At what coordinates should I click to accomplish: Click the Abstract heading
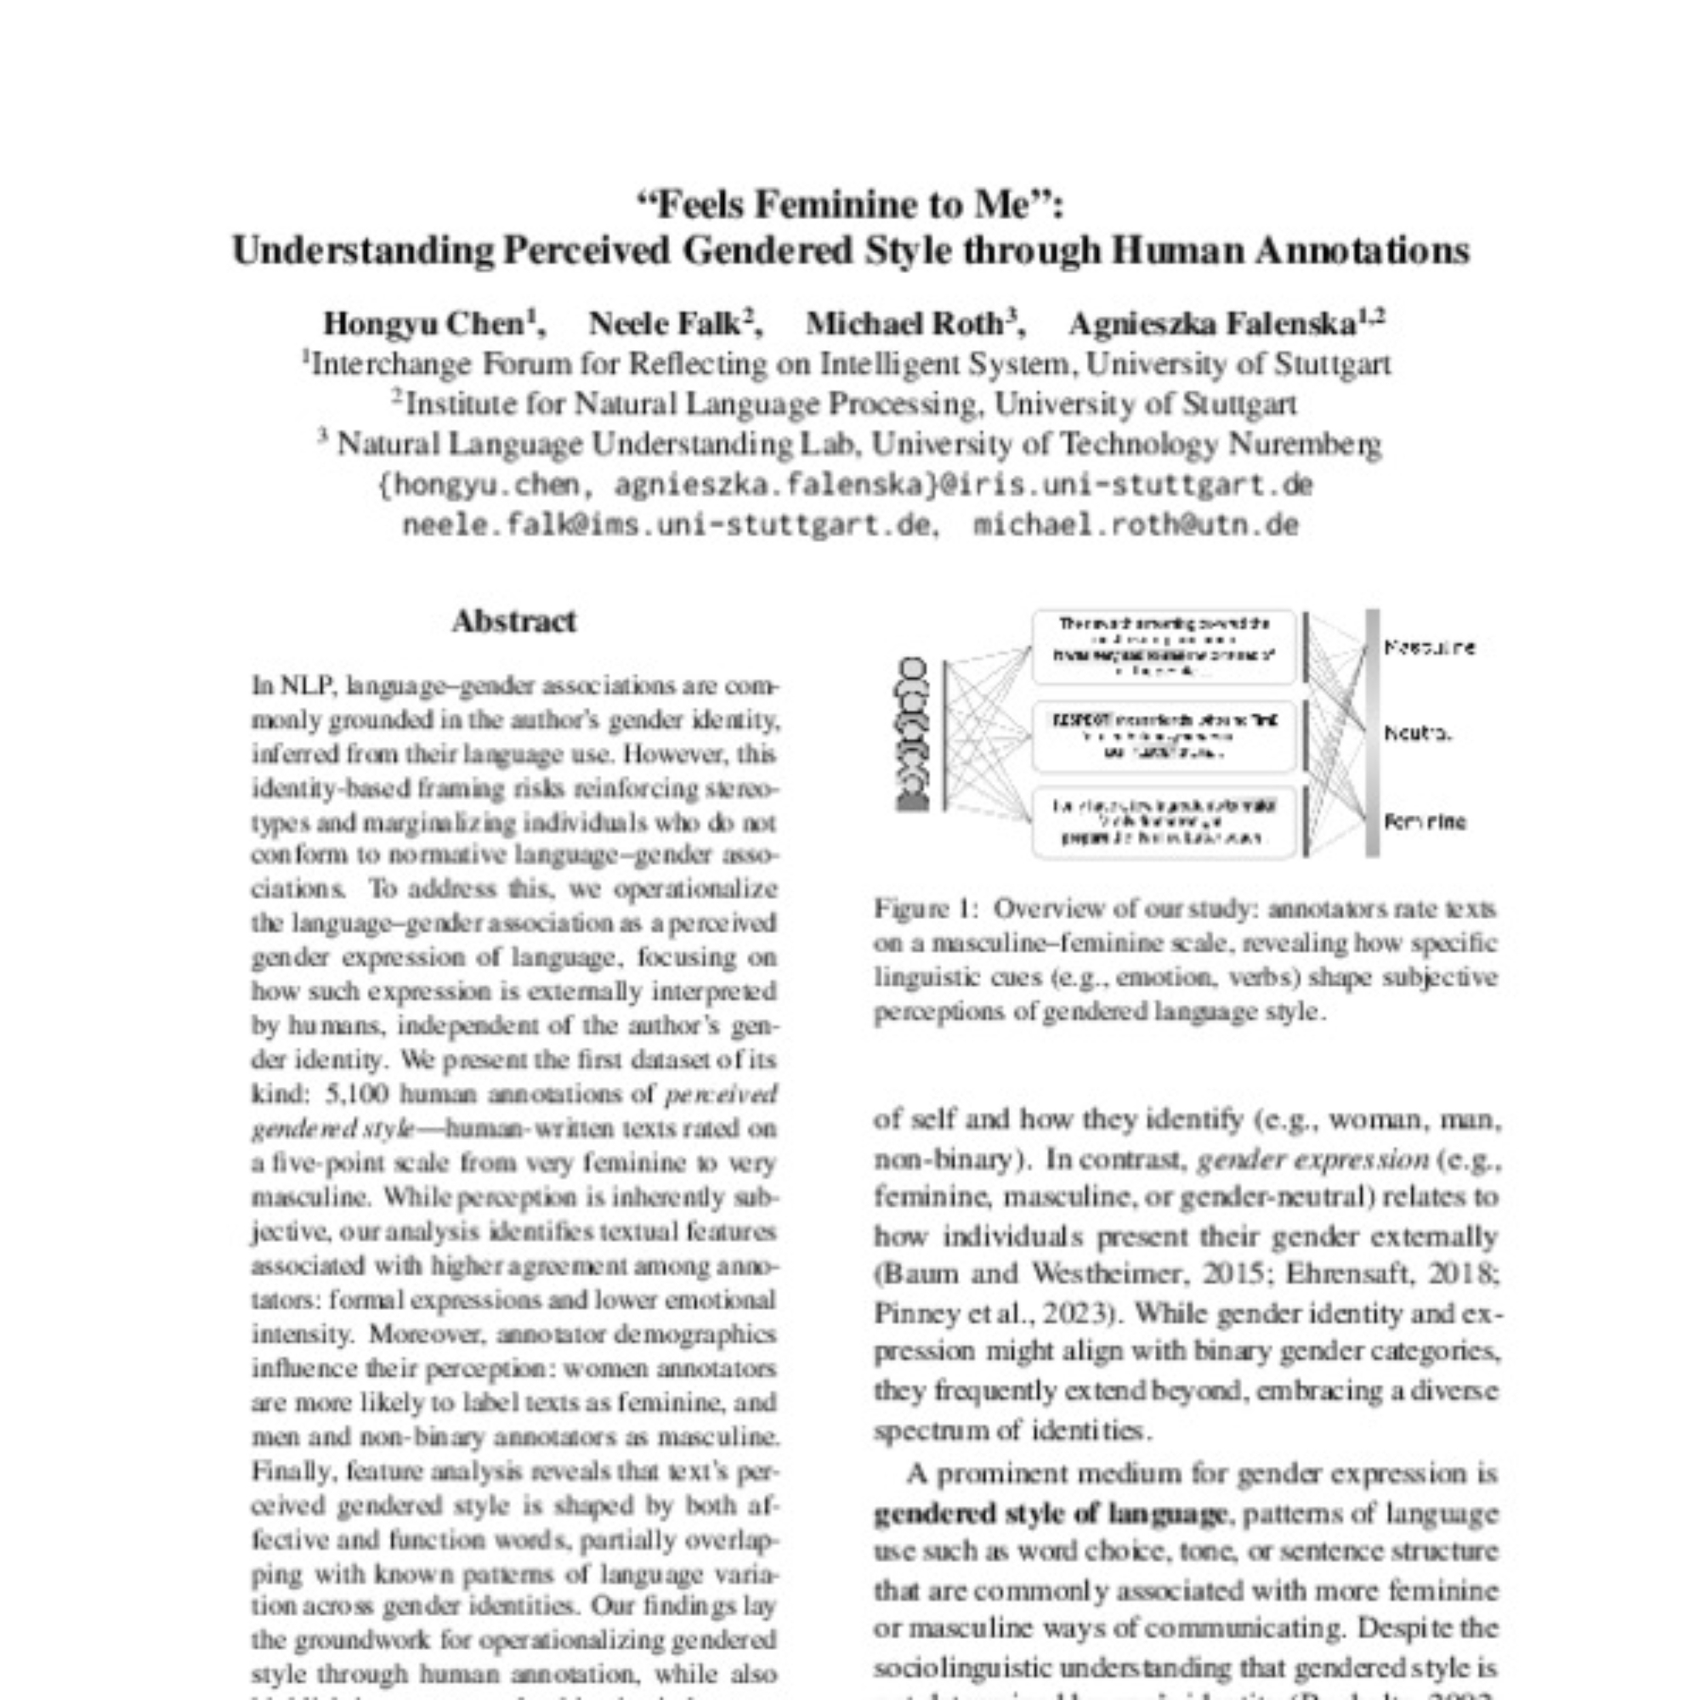(x=514, y=622)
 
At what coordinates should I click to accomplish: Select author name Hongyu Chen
(x=424, y=324)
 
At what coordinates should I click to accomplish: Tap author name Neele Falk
(x=665, y=324)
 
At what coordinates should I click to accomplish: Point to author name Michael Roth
(x=904, y=324)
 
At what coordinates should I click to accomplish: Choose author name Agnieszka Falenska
(x=1211, y=324)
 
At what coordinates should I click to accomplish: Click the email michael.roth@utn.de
(x=1136, y=525)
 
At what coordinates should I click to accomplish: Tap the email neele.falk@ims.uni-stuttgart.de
(x=666, y=525)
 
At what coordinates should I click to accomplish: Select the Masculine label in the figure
(x=1430, y=648)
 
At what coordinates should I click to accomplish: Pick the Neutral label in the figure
(x=1418, y=733)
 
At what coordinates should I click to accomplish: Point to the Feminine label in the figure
(x=1425, y=822)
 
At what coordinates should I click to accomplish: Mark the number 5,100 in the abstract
(x=351, y=1094)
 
